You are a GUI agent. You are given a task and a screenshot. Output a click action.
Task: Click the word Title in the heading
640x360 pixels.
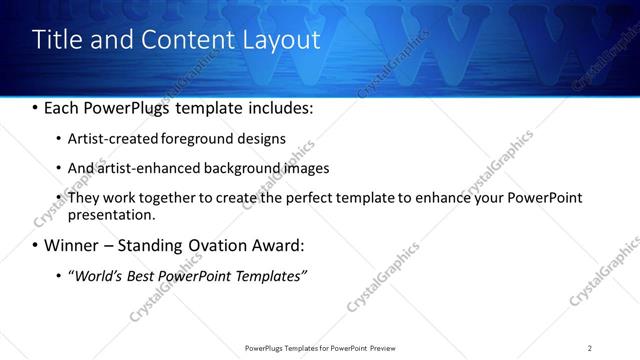[x=59, y=40]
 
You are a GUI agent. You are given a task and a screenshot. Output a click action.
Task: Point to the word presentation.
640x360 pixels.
[x=112, y=214]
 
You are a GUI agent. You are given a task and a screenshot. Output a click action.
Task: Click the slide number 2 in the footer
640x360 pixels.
[x=590, y=348]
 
